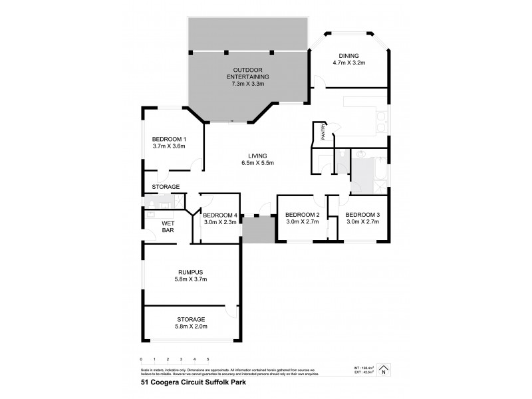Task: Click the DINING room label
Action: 349,55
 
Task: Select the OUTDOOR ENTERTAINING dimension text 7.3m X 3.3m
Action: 249,84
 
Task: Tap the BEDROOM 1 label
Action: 168,138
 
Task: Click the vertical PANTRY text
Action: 324,132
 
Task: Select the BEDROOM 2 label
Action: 303,214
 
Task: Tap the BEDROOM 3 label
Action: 362,214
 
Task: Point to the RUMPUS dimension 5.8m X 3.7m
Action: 191,279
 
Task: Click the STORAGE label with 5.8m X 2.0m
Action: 191,319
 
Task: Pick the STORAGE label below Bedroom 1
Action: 166,187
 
